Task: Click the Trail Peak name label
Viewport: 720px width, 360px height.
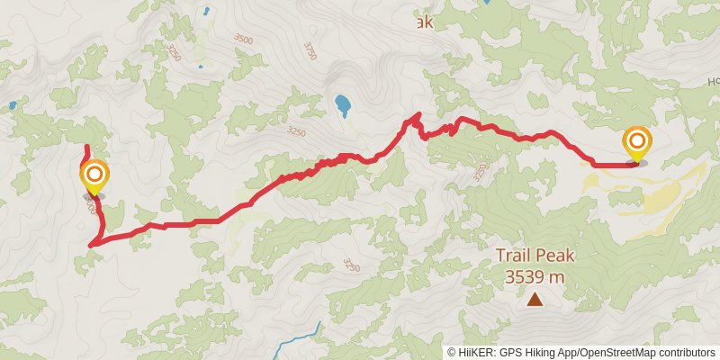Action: coord(535,256)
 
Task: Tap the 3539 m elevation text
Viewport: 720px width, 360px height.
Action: coord(535,276)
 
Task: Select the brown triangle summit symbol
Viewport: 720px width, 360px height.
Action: coord(535,300)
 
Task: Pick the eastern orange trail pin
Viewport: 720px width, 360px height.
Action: coord(637,142)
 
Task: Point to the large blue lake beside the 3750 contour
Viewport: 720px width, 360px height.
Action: coord(343,106)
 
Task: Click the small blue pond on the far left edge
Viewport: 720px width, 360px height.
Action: coord(13,105)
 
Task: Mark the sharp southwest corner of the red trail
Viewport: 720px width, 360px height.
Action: coord(92,244)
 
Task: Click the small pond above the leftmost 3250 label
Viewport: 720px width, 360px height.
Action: coord(206,12)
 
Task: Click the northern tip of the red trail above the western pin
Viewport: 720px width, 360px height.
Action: coord(85,146)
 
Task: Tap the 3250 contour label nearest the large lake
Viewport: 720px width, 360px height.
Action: coord(295,132)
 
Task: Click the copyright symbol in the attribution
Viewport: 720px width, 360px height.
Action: coord(452,352)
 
